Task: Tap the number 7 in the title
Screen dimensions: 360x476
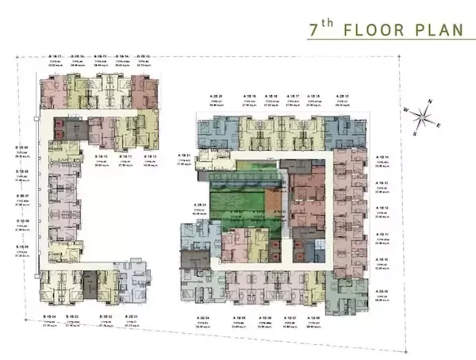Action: (x=313, y=30)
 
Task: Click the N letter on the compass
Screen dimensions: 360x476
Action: (x=429, y=102)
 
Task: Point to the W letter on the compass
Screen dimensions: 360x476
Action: (x=405, y=109)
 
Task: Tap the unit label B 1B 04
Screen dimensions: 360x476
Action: (x=48, y=316)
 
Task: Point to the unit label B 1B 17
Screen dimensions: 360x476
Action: (x=56, y=56)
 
